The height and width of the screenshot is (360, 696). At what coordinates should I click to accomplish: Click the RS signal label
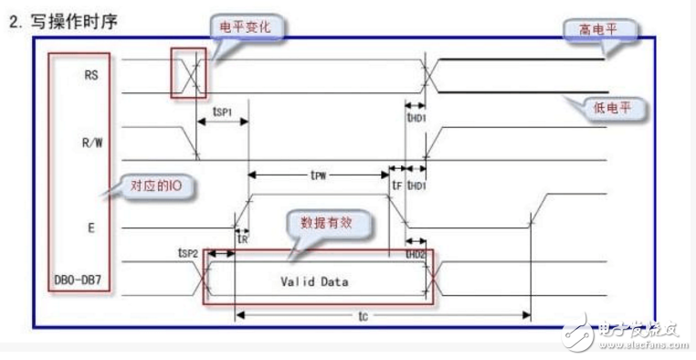coord(90,77)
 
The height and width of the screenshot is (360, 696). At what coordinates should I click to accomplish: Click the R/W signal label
coord(90,142)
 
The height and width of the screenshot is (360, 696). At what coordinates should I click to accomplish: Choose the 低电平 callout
coord(617,110)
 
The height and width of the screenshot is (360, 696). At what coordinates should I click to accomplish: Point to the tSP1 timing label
coord(222,112)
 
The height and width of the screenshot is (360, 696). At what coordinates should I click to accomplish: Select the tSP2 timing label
coord(188,250)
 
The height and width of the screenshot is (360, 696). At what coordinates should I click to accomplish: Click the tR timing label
coord(243,238)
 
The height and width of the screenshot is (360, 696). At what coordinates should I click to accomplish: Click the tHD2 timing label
coord(416,253)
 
